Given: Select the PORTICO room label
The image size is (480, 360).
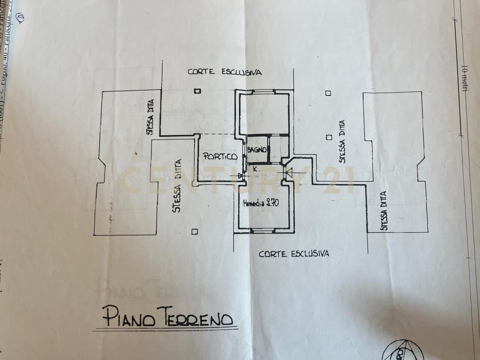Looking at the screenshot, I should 220,157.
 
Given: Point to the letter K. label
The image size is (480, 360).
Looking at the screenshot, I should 255,169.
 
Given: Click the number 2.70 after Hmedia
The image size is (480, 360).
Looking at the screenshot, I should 272,204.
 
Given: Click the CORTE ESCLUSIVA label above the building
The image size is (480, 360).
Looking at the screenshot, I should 225,72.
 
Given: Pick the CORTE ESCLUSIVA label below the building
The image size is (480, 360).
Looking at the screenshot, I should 294,254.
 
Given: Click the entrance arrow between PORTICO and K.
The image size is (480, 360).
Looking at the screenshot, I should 240,175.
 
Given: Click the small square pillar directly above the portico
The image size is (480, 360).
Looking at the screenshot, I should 197,91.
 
